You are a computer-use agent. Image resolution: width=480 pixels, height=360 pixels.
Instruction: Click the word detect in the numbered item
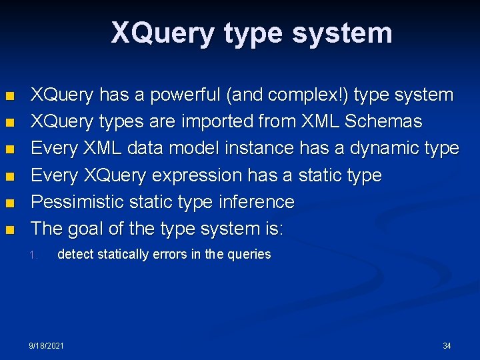[75, 254]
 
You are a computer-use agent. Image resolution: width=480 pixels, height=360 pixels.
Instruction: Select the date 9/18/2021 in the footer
[47, 346]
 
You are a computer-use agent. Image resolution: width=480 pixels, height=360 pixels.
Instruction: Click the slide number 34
[447, 346]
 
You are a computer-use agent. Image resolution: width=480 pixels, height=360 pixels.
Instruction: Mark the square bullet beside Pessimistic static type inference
[9, 203]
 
